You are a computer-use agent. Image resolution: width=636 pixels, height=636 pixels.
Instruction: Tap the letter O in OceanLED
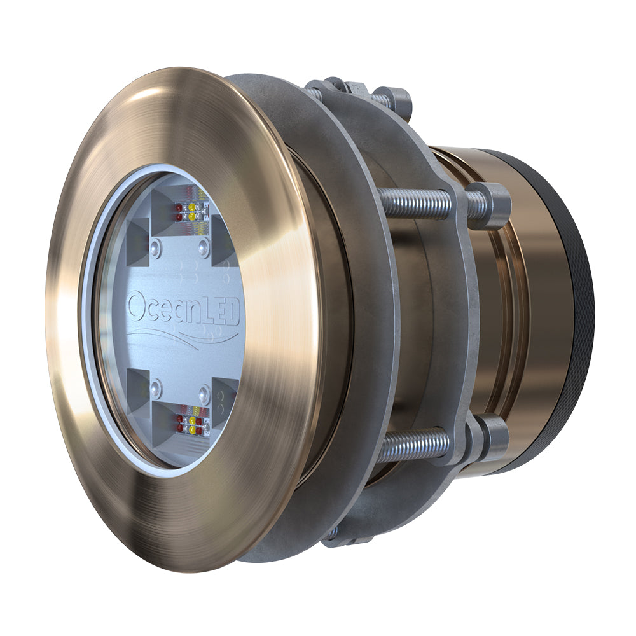pos(137,306)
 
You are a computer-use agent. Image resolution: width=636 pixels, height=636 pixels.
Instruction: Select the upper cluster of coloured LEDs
pos(191,212)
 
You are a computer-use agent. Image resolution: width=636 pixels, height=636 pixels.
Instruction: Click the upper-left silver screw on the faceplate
pos(156,247)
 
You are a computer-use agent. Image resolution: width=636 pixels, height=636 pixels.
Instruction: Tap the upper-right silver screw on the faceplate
pos(204,247)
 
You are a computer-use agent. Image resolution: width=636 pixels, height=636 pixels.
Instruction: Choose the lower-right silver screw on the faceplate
pos(205,392)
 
